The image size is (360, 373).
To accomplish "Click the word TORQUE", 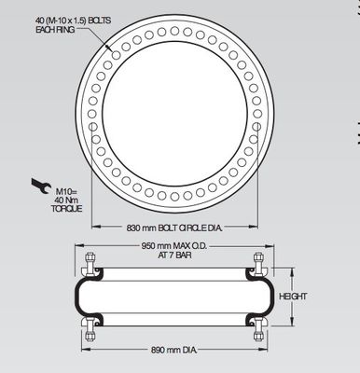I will (x=67, y=208).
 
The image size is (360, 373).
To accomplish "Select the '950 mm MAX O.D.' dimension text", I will (x=173, y=247).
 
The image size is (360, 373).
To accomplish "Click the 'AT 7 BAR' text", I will (x=173, y=257).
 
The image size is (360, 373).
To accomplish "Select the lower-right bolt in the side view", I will (x=256, y=326).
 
